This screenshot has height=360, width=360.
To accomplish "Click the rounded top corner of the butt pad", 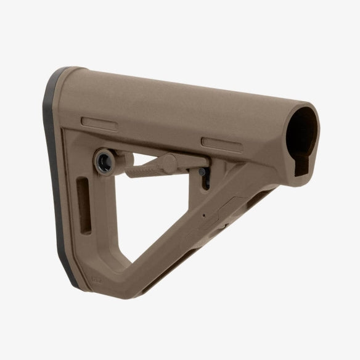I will pyautogui.click(x=67, y=71).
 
